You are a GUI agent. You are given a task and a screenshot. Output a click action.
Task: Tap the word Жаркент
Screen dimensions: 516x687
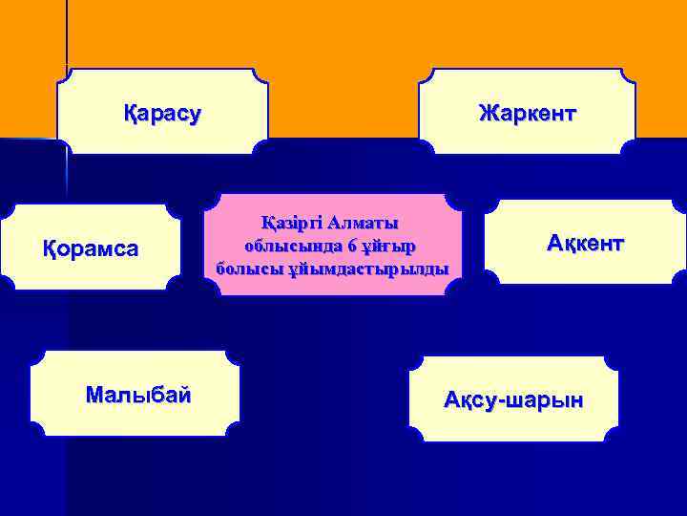coord(528,115)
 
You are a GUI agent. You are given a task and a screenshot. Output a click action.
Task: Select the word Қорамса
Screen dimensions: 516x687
coord(92,248)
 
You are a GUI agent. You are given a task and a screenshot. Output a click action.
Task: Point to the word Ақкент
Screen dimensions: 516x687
coord(585,243)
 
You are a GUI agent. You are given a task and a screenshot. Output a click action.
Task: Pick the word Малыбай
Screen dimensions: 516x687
coord(137,393)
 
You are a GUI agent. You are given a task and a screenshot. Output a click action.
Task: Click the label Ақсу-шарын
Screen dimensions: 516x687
coord(513,399)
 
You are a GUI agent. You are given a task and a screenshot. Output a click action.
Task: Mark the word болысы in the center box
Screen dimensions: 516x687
coord(245,268)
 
